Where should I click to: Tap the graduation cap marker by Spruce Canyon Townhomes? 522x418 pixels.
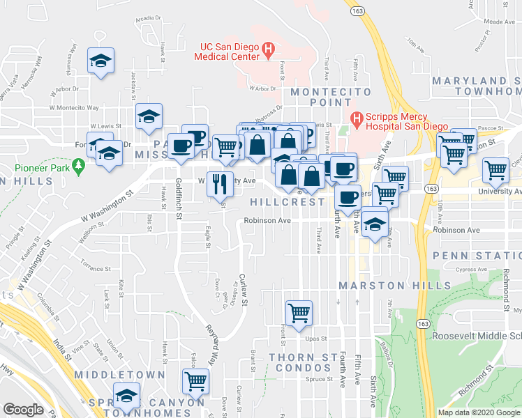pos(126,395)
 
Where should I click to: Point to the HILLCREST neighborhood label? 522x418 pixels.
pos(287,202)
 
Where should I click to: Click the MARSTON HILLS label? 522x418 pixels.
pos(382,286)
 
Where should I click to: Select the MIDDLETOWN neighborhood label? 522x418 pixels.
pos(124,375)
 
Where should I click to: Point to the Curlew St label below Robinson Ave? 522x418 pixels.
pos(244,286)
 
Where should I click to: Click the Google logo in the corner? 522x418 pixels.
pos(23,410)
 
